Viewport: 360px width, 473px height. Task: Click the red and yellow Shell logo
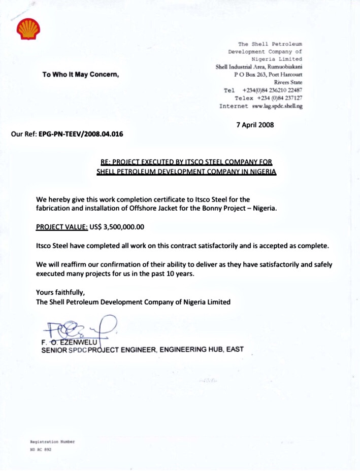26,30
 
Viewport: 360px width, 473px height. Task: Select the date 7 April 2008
255,125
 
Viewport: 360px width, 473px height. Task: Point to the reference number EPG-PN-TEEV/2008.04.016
81,134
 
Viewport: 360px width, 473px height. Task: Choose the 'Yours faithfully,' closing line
60,292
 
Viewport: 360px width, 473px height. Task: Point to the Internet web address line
260,106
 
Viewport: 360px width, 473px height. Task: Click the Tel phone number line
263,90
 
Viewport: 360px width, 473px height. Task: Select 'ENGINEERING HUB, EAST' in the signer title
203,350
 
